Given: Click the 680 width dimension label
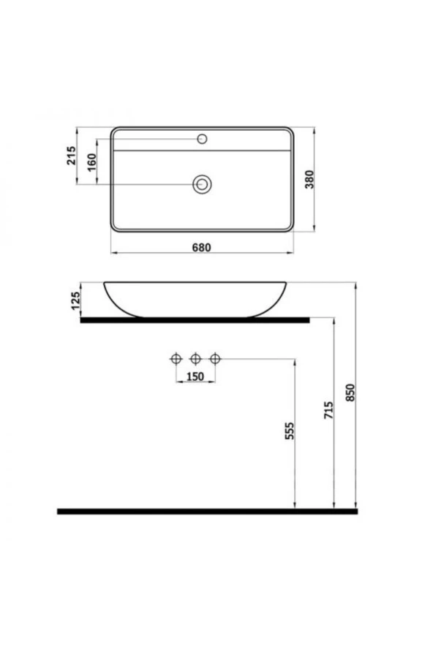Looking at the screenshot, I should coord(202,247).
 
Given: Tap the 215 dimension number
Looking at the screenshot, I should coord(72,156).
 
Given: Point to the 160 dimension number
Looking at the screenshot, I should coord(91,162).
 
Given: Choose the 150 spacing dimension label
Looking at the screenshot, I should coord(195,376).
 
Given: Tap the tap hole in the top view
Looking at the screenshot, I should coord(203,138).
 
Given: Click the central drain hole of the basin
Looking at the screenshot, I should coord(202,184).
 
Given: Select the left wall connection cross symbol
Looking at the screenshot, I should coord(176,358).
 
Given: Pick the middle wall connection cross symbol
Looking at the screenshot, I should coord(195,358).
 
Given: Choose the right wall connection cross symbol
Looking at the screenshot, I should coord(214,358).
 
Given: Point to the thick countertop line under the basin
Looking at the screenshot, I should coord(195,319).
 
